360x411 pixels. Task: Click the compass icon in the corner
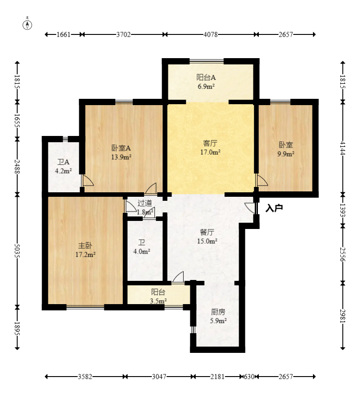[x=28, y=24]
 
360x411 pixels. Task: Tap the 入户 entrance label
[x=274, y=208]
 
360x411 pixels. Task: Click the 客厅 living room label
[x=210, y=144]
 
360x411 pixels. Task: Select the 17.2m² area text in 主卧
[x=85, y=254]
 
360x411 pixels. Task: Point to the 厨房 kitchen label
[x=218, y=312]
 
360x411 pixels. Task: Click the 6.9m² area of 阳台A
[x=206, y=86]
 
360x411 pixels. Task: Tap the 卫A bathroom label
[x=63, y=162]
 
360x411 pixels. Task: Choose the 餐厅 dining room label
[x=207, y=232]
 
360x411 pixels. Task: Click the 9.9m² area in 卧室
[x=286, y=154]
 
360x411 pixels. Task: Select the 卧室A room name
[x=121, y=148]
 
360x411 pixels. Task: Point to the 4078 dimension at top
[x=210, y=34]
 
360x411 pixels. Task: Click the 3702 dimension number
[x=123, y=34]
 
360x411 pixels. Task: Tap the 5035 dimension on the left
[x=17, y=251]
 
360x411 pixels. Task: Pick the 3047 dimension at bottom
[x=159, y=377]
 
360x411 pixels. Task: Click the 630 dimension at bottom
[x=249, y=377]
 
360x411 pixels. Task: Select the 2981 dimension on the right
[x=343, y=316]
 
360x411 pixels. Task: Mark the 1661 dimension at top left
[x=64, y=34]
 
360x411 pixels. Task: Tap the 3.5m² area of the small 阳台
[x=158, y=301]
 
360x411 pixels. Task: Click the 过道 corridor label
[x=145, y=203]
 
